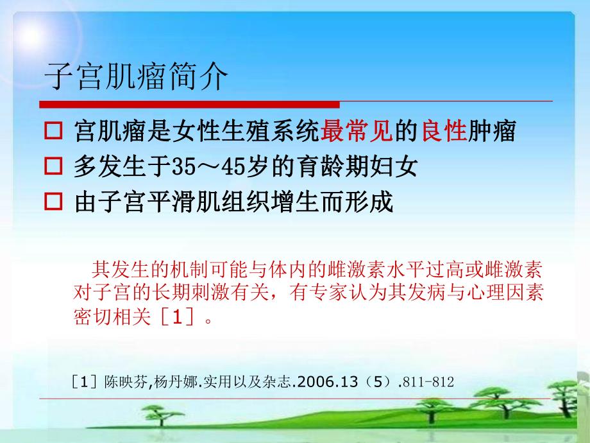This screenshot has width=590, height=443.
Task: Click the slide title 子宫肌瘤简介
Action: [x=136, y=78]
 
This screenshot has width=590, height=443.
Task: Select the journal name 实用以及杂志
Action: [x=238, y=382]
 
